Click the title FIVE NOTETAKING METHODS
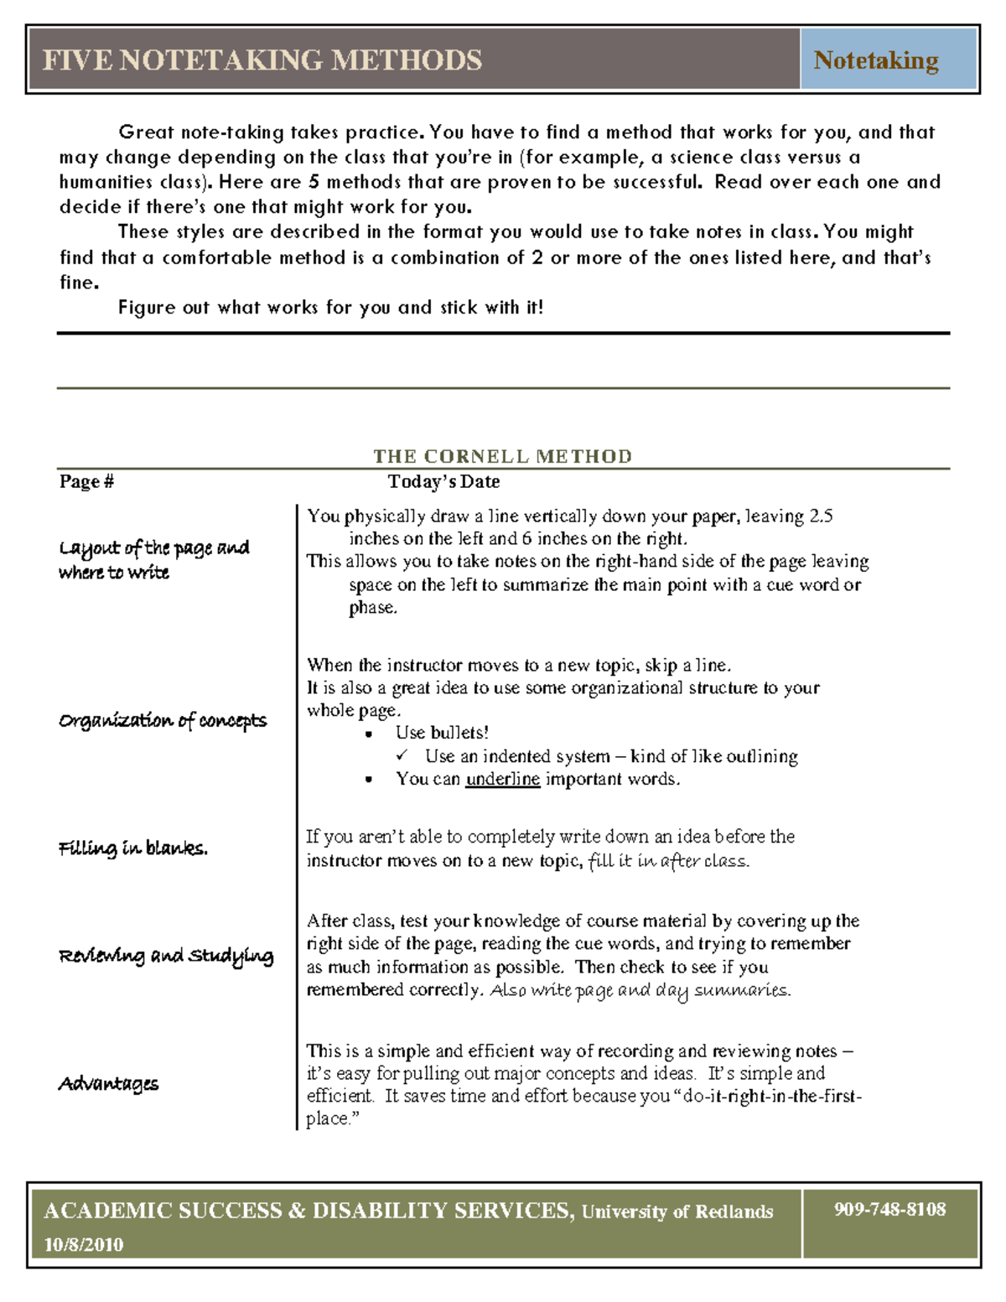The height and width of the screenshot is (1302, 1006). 262,60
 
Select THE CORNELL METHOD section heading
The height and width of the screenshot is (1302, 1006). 502,456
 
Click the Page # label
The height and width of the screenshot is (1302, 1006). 86,481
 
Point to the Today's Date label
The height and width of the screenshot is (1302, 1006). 443,481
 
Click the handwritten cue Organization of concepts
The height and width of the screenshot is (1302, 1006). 163,720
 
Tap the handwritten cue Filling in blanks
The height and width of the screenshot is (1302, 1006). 133,848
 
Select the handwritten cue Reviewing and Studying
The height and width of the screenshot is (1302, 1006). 166,956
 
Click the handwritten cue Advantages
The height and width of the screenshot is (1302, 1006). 108,1083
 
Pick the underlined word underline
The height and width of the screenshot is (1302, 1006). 503,779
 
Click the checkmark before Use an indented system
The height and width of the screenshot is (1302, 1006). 402,755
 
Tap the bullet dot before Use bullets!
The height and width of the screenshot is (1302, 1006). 369,734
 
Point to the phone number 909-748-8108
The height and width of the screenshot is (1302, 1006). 889,1209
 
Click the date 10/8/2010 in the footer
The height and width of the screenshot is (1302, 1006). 84,1244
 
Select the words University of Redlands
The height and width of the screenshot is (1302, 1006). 677,1211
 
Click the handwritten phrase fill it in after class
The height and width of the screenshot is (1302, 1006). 669,860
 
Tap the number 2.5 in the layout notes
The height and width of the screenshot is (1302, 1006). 821,516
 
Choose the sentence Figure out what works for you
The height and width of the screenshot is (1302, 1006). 330,308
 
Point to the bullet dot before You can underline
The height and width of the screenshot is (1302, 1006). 369,780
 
